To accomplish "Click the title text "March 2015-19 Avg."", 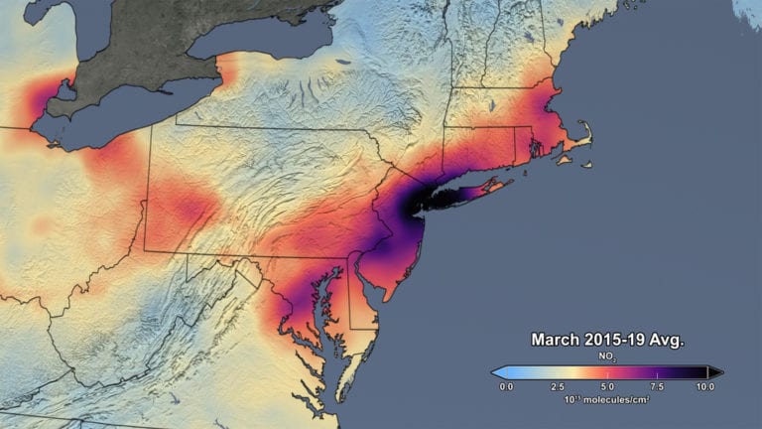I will (x=607, y=340).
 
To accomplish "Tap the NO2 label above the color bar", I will (x=607, y=356).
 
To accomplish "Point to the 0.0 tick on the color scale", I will (x=506, y=386).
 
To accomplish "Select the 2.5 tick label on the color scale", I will (x=558, y=386).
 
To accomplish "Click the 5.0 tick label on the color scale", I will (x=607, y=386).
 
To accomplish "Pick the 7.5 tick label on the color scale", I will (x=657, y=386).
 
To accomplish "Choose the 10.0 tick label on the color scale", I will (x=705, y=386).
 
